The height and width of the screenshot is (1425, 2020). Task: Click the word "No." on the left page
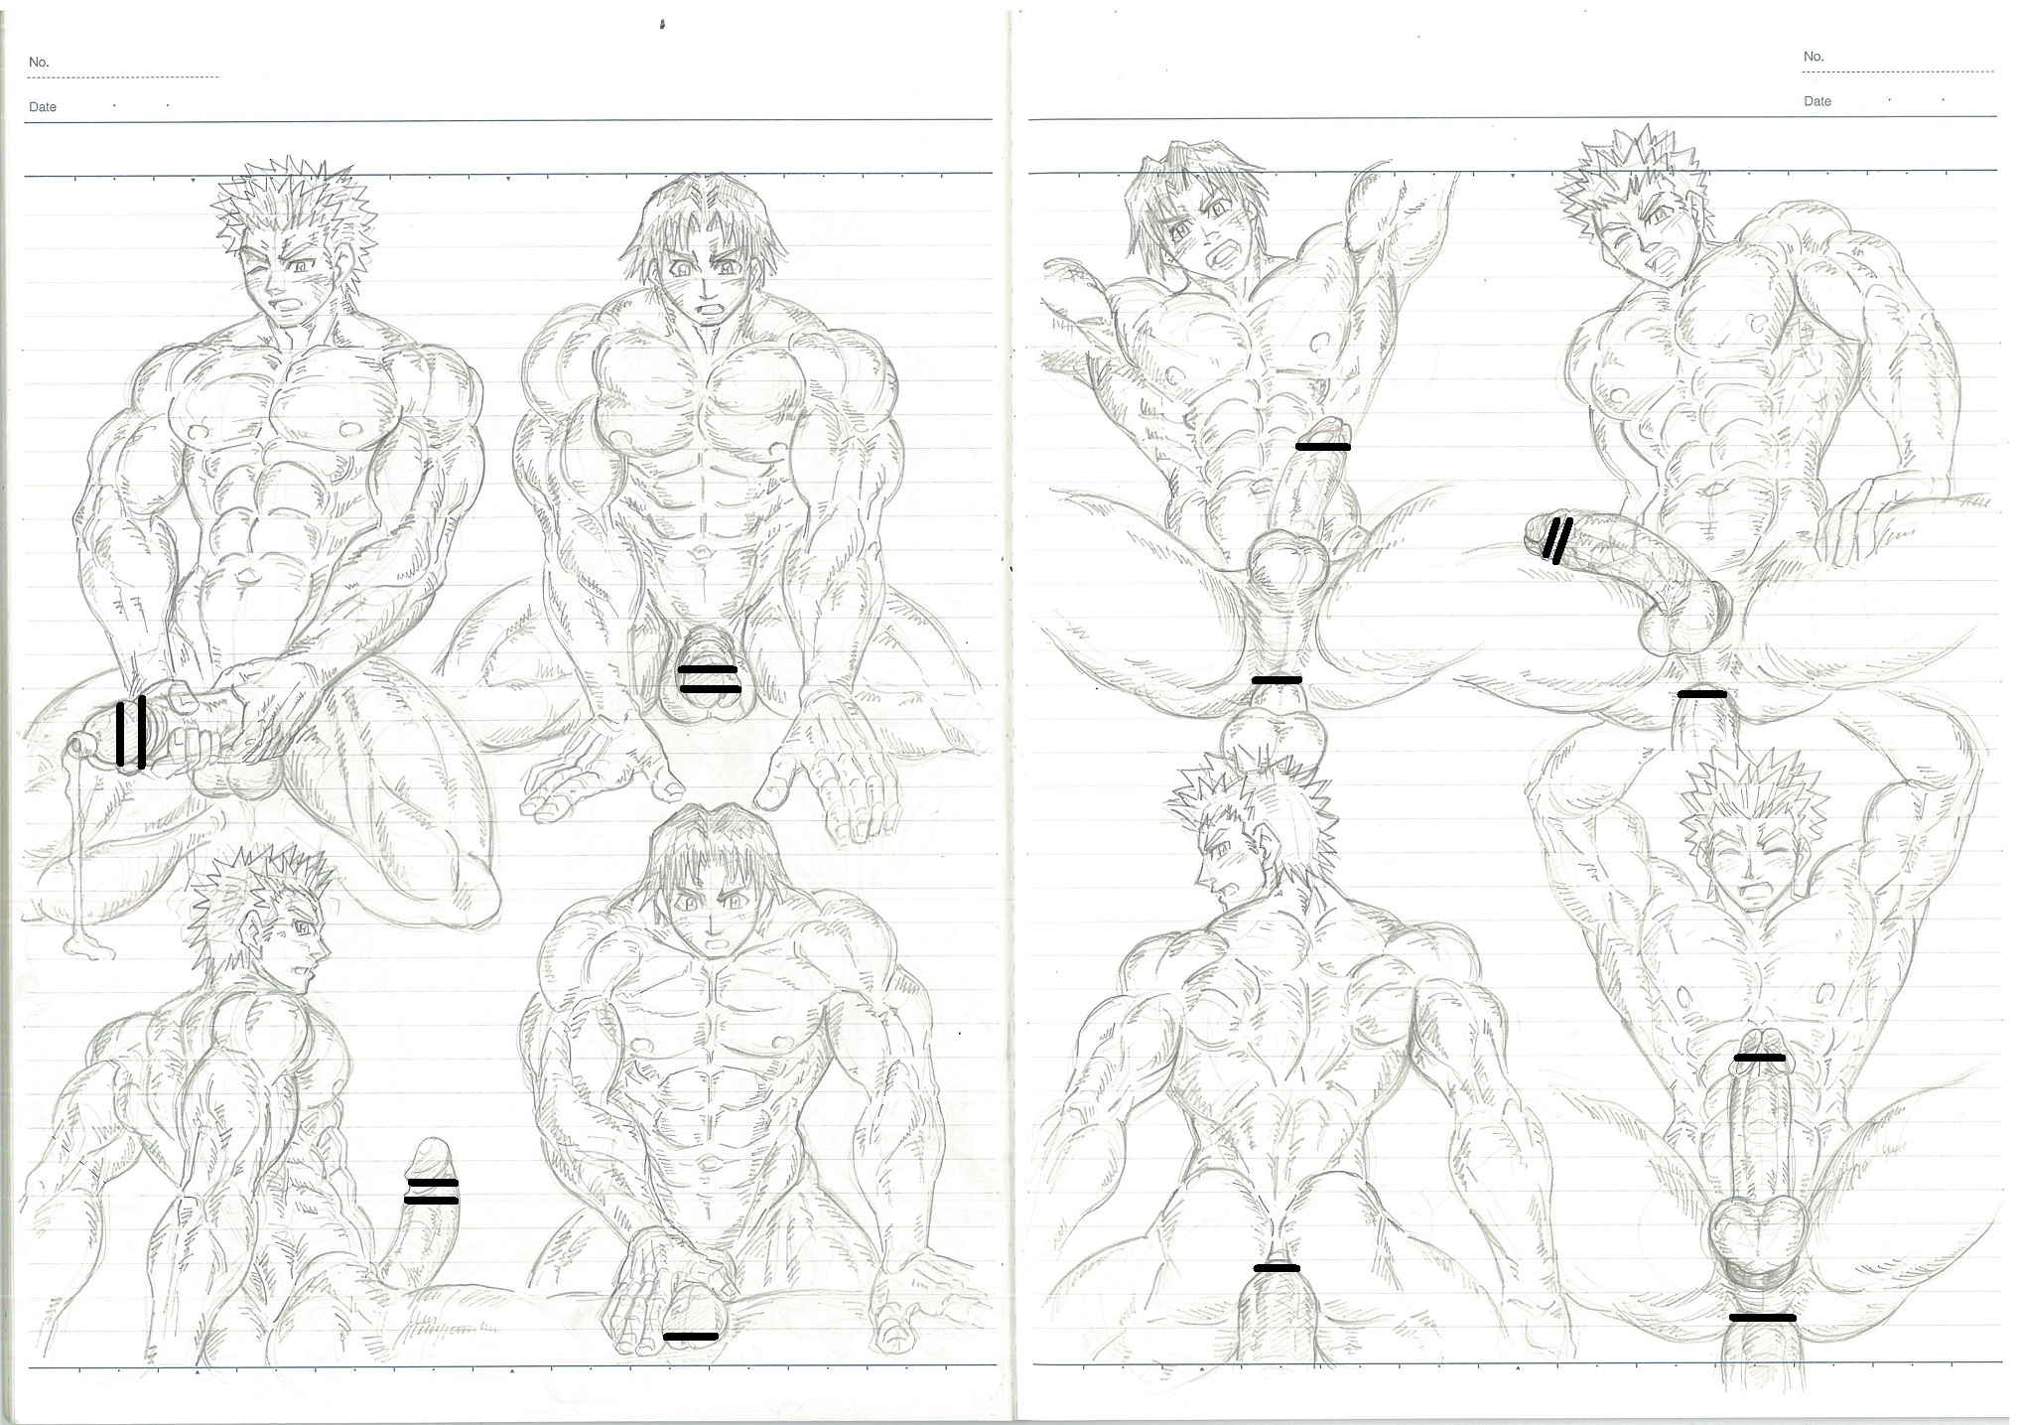click(39, 62)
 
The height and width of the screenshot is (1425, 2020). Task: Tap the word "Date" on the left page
click(43, 107)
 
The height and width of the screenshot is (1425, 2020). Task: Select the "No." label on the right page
click(1814, 57)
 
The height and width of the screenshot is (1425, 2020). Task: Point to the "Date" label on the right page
click(1818, 101)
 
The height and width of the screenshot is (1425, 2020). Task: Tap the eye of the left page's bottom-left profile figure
click(303, 928)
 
